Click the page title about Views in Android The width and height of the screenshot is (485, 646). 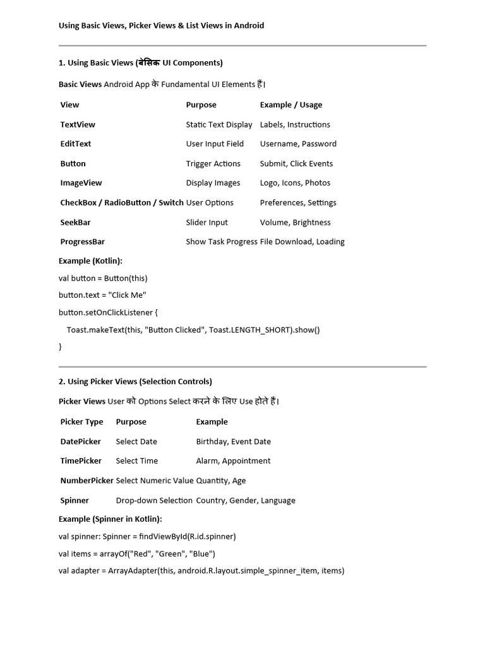pyautogui.click(x=161, y=26)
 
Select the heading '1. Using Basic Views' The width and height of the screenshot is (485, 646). pyautogui.click(x=140, y=63)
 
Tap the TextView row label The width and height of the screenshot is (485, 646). pyautogui.click(x=78, y=125)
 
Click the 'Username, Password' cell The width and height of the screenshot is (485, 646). pyautogui.click(x=298, y=144)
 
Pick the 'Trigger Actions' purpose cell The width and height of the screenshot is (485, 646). pyautogui.click(x=213, y=164)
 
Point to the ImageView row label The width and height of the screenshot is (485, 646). pyautogui.click(x=81, y=183)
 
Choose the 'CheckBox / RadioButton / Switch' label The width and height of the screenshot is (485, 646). pyautogui.click(x=122, y=203)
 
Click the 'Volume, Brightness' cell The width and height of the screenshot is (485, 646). pyautogui.click(x=295, y=223)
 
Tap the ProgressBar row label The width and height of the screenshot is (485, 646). pyautogui.click(x=83, y=242)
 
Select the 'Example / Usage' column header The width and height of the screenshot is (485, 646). pyautogui.click(x=290, y=105)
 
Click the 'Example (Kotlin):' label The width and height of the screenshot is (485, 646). pyautogui.click(x=90, y=261)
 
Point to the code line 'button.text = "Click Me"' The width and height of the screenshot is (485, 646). pyautogui.click(x=102, y=295)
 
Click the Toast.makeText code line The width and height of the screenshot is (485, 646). pyautogui.click(x=193, y=330)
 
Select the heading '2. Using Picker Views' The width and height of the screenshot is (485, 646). pyautogui.click(x=135, y=382)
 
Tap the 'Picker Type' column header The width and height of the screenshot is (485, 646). pyautogui.click(x=81, y=422)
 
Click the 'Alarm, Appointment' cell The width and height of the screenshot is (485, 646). pyautogui.click(x=233, y=461)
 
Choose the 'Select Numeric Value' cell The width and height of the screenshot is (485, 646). pyautogui.click(x=155, y=481)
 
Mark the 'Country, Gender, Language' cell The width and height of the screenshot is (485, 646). pyautogui.click(x=246, y=501)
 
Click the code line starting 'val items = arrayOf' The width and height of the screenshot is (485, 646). pyautogui.click(x=136, y=554)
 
